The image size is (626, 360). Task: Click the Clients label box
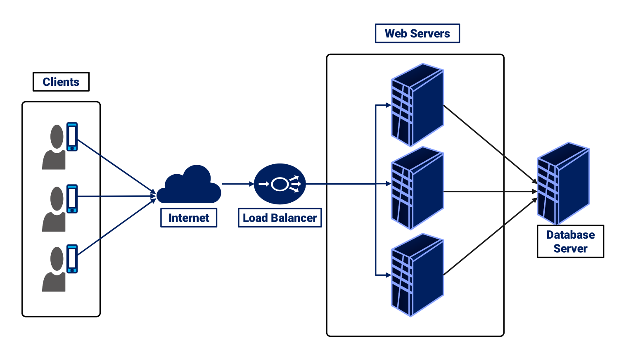pyautogui.click(x=61, y=82)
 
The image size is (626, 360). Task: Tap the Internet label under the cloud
pyautogui.click(x=189, y=218)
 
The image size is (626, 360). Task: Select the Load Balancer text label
pyautogui.click(x=280, y=218)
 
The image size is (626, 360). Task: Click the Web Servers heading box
pyautogui.click(x=417, y=33)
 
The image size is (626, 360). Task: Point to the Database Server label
pyautogui.click(x=570, y=242)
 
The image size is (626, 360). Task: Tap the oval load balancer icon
pyautogui.click(x=280, y=184)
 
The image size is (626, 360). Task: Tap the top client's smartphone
pyautogui.click(x=72, y=137)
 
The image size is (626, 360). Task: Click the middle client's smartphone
pyautogui.click(x=72, y=199)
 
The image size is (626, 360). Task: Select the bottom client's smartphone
pyautogui.click(x=72, y=259)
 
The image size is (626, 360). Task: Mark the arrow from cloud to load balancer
pyautogui.click(x=237, y=184)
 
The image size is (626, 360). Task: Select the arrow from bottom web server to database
pyautogui.click(x=489, y=237)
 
